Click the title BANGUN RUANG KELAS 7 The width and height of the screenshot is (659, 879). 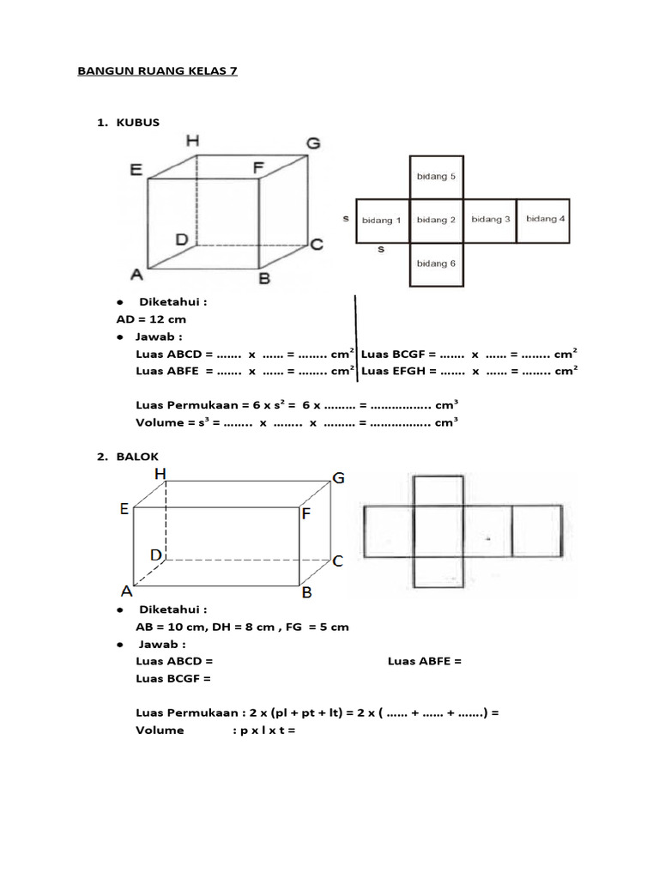[157, 71]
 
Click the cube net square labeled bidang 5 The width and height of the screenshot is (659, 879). [436, 177]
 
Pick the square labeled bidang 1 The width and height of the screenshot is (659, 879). [382, 220]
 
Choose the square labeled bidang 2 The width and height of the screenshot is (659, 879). [436, 220]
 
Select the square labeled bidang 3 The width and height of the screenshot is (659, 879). [490, 220]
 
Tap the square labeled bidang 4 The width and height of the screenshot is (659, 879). [544, 220]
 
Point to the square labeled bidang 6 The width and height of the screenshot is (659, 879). [436, 264]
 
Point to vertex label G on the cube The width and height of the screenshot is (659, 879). [313, 143]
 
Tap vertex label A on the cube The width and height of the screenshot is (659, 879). [136, 275]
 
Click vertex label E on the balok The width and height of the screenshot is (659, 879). [124, 509]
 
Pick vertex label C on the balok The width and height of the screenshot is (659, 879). [338, 561]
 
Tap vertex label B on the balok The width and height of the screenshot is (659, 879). [305, 592]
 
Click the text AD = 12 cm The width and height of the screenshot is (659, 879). [145, 318]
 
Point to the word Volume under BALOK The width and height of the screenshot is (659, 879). [160, 730]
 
